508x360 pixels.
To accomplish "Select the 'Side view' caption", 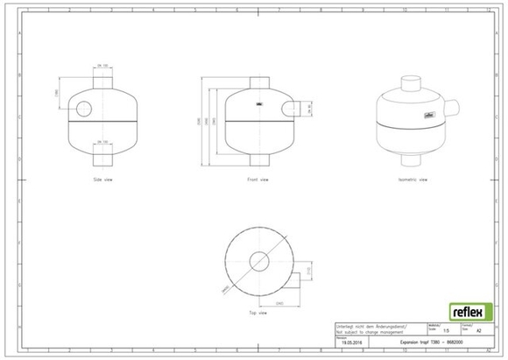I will [x=102, y=179].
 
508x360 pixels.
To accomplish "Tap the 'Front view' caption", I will [x=257, y=179].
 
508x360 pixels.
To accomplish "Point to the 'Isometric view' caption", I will [x=412, y=179].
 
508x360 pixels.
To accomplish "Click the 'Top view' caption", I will [x=258, y=312].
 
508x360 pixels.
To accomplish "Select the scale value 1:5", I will [x=447, y=331].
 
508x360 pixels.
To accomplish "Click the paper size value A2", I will [x=477, y=331].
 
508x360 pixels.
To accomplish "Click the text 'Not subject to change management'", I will [x=365, y=332].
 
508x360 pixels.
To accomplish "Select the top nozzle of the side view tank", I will [x=102, y=79].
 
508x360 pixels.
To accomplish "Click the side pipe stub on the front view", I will [x=294, y=109].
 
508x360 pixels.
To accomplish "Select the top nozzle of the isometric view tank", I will [x=411, y=84].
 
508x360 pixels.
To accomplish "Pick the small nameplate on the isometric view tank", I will [x=430, y=113].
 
